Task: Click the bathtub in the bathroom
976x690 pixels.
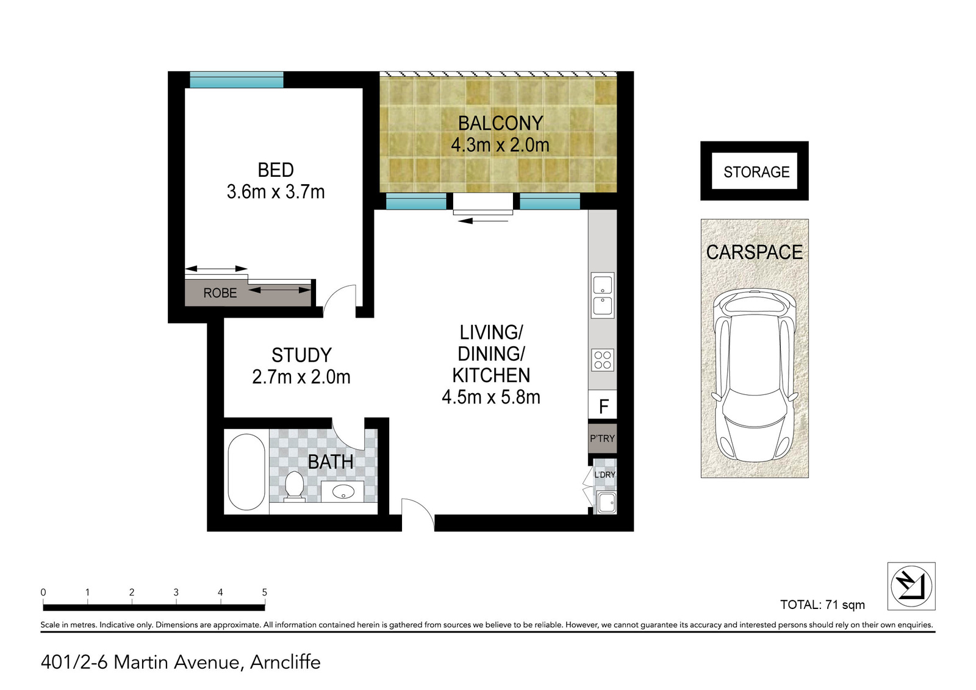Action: pyautogui.click(x=246, y=472)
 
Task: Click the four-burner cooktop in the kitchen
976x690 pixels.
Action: pyautogui.click(x=603, y=360)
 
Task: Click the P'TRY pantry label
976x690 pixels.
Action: pyautogui.click(x=602, y=438)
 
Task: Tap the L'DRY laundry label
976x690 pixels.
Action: pyautogui.click(x=605, y=474)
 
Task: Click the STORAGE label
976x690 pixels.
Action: pyautogui.click(x=756, y=172)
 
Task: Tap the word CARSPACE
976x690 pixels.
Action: pyautogui.click(x=754, y=252)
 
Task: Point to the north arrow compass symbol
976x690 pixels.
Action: pyautogui.click(x=911, y=586)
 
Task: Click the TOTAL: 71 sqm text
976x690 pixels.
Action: pyautogui.click(x=822, y=605)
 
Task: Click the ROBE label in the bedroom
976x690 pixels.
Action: pyautogui.click(x=220, y=293)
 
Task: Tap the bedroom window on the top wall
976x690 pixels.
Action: pyautogui.click(x=237, y=80)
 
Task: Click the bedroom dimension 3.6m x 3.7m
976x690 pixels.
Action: pyautogui.click(x=275, y=192)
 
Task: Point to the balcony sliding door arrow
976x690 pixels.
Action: pyautogui.click(x=483, y=221)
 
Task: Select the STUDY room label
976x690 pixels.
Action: pyautogui.click(x=301, y=355)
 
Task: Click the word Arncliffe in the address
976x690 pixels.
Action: pyautogui.click(x=285, y=662)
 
